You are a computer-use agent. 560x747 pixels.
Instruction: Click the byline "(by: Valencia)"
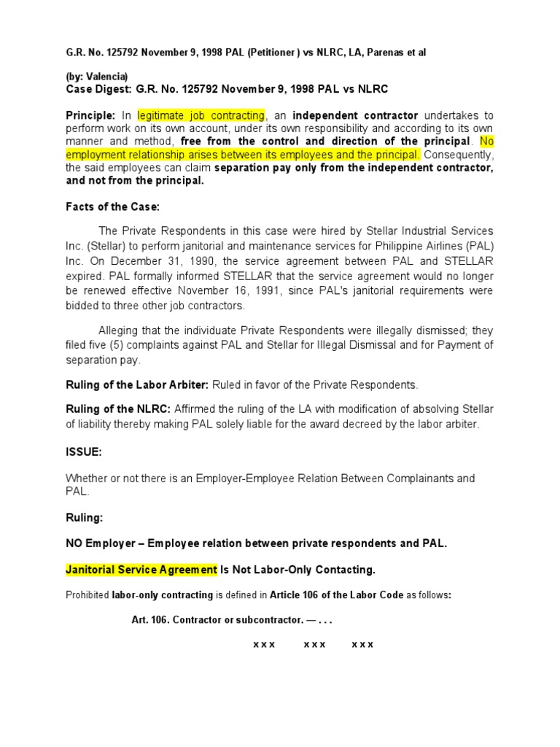click(96, 76)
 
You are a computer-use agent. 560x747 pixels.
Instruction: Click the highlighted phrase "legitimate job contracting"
click(201, 115)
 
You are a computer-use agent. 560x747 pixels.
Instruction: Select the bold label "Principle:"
click(90, 115)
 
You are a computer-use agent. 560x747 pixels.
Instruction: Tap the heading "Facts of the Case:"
click(112, 206)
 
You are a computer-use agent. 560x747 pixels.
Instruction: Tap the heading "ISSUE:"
click(84, 452)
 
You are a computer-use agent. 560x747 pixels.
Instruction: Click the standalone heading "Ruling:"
click(85, 517)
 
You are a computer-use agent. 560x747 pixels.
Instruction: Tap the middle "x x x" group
click(314, 645)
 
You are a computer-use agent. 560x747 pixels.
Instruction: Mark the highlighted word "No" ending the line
click(486, 141)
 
